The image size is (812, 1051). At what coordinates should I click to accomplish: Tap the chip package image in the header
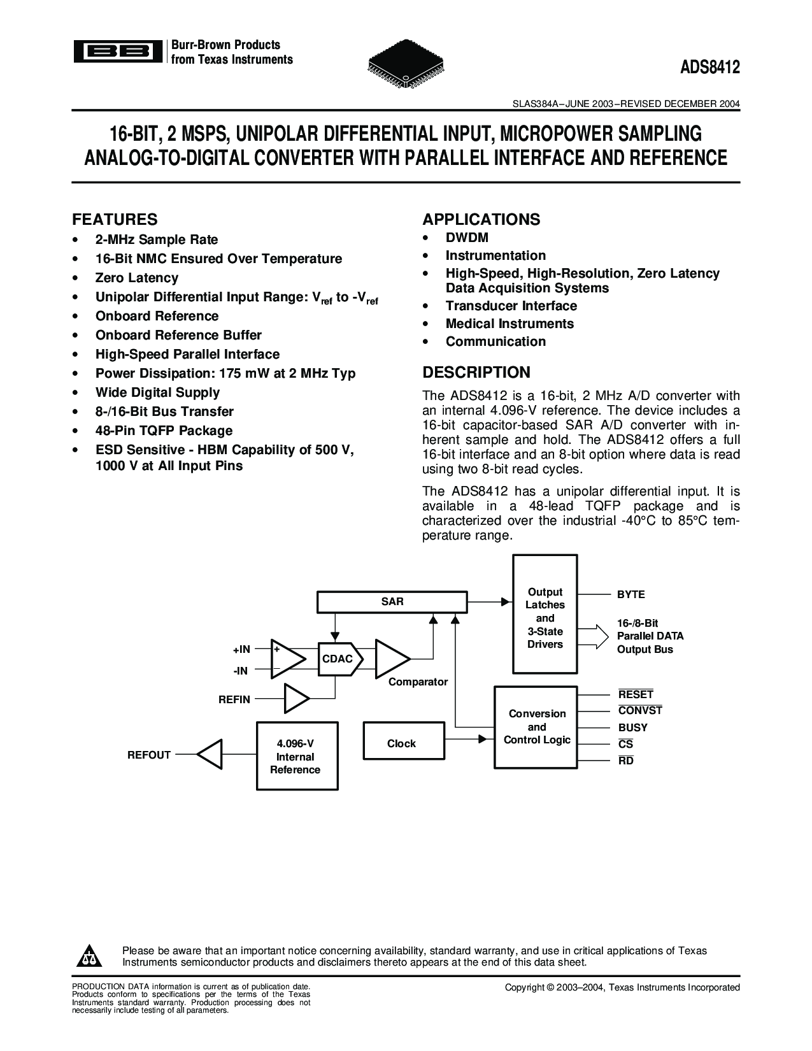pos(406,64)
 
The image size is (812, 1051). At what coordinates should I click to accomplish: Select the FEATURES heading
pos(115,220)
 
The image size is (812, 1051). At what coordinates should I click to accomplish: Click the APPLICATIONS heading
pos(481,220)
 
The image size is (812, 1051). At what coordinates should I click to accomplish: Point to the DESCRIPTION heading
pos(476,372)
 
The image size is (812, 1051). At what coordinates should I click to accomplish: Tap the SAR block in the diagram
pos(392,601)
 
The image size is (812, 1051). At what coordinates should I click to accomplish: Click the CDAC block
pos(338,659)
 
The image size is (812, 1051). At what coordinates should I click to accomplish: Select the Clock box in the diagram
pos(401,743)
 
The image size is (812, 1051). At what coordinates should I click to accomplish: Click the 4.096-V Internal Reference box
pos(296,756)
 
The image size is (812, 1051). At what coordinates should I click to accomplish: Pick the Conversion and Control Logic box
pos(537,727)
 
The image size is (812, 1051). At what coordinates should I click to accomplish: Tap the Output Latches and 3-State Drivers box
pos(545,618)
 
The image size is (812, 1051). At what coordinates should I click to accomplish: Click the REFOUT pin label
pos(149,755)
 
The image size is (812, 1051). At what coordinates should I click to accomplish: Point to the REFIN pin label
pos(234,699)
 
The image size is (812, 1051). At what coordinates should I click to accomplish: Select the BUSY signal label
pos(632,727)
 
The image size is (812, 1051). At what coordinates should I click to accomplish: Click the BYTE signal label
pos(630,594)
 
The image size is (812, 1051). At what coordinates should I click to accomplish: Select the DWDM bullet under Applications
pos(467,238)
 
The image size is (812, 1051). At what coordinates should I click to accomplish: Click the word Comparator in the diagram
pos(418,682)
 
